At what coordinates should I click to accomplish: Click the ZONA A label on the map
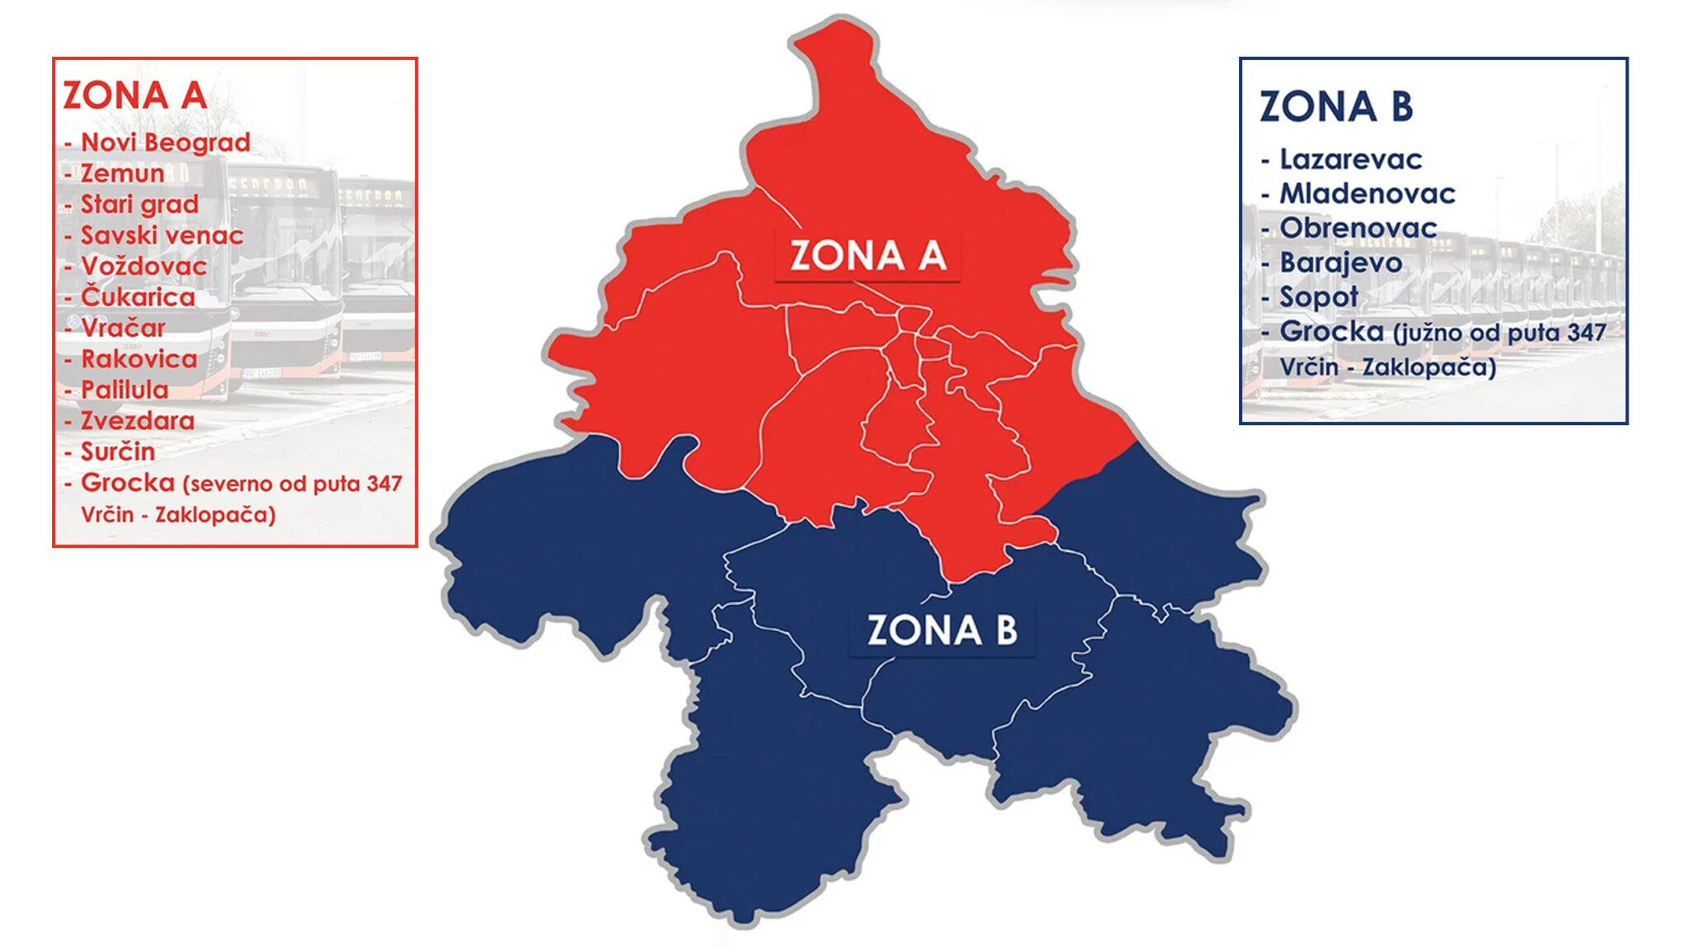868,256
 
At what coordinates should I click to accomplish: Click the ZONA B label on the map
942,631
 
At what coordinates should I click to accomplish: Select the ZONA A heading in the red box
135,96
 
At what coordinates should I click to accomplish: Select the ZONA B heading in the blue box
1336,107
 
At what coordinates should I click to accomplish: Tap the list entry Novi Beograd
165,143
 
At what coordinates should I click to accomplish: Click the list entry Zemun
122,174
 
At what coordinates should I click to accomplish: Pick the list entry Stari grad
139,204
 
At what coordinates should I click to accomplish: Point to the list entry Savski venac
161,236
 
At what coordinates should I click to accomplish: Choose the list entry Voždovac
143,266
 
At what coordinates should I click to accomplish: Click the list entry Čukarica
138,297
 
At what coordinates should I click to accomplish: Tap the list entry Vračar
123,328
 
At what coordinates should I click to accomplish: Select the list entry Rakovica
138,359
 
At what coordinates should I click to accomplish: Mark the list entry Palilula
124,390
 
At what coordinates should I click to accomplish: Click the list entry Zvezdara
138,421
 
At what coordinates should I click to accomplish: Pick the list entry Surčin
118,451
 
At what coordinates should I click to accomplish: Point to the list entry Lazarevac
1350,160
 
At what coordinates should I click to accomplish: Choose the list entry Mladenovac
1367,194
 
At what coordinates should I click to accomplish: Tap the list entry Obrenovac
1358,228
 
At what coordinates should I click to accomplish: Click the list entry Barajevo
1340,263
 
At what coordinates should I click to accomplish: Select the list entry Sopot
1318,297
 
